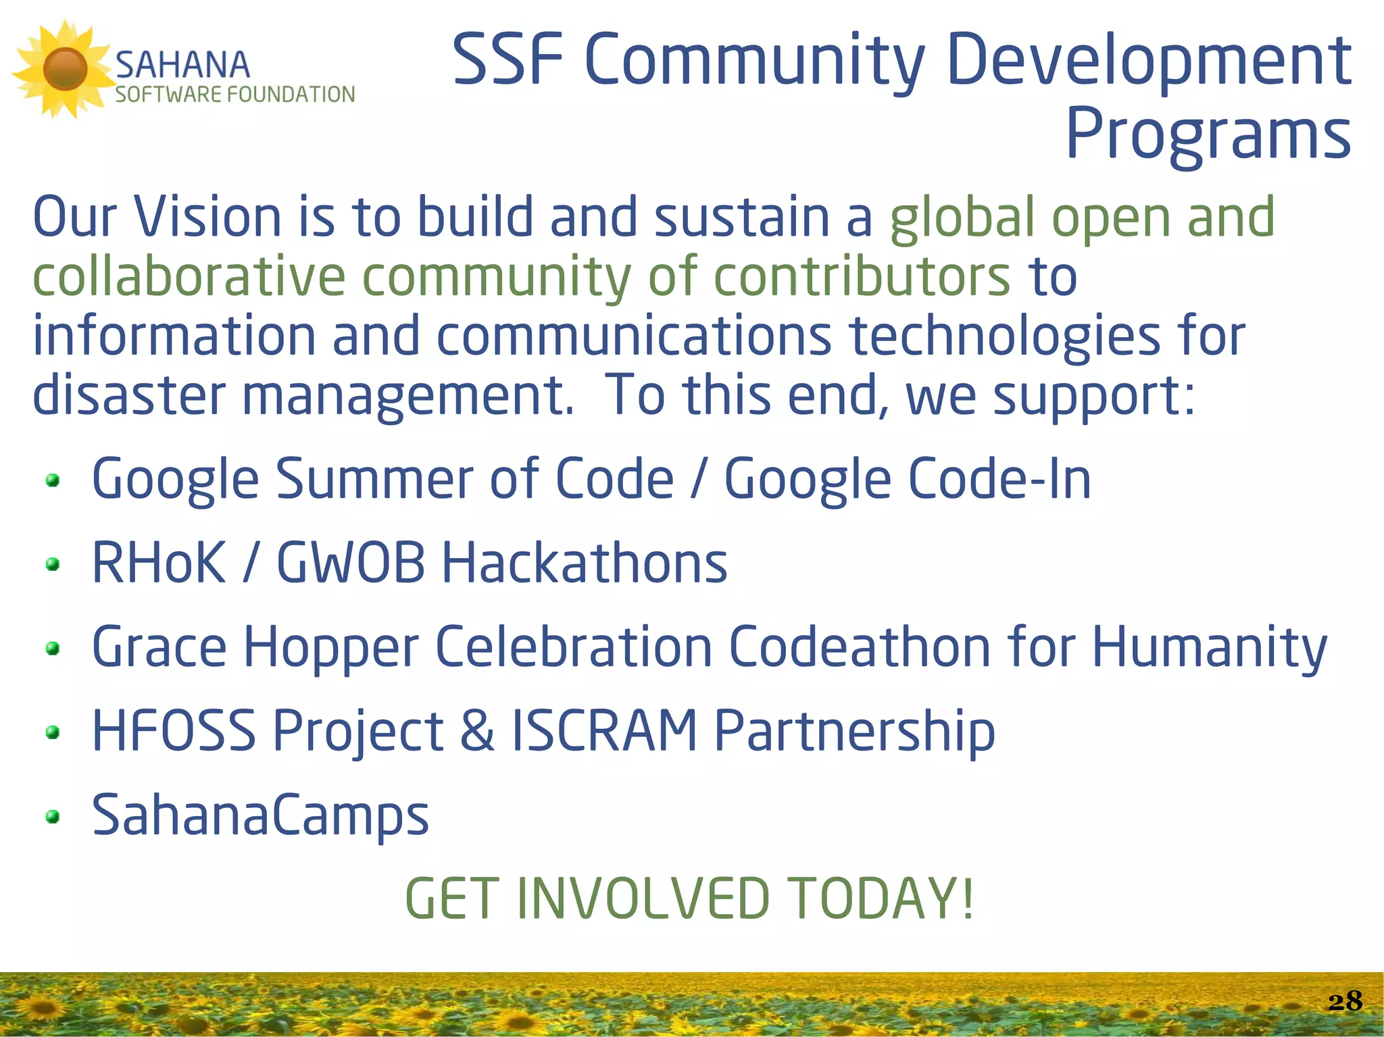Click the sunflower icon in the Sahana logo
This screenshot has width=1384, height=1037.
coord(65,69)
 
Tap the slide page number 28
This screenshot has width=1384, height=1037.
coord(1345,1001)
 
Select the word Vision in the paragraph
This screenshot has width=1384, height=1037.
coord(207,218)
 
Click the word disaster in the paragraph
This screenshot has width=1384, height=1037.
coord(128,395)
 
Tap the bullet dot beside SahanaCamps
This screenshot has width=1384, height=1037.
coord(53,817)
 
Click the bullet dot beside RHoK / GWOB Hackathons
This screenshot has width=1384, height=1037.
coord(53,563)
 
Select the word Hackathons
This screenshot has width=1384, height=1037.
coord(585,563)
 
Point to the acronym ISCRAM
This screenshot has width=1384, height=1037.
coord(605,730)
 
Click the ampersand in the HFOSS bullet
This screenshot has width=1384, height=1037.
coord(477,731)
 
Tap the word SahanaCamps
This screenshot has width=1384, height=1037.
coord(260,815)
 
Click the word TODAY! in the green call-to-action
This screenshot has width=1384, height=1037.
coord(881,899)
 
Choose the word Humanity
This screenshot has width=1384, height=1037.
coord(1209,648)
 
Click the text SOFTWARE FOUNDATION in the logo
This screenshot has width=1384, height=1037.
coord(234,94)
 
